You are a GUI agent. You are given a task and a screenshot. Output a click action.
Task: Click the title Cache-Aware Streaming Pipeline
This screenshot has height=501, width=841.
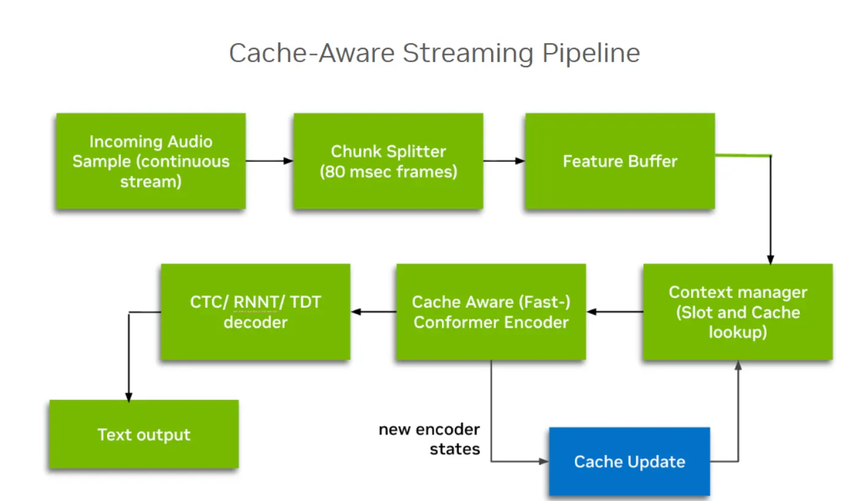tap(434, 53)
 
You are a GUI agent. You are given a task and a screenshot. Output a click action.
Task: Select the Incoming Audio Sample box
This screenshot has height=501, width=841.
tap(151, 161)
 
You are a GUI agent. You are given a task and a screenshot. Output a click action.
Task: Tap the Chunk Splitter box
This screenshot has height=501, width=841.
tap(388, 161)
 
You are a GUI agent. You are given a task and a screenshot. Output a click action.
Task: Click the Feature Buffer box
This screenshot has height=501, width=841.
tap(620, 161)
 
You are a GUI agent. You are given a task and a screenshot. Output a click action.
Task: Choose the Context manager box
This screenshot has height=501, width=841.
tap(738, 312)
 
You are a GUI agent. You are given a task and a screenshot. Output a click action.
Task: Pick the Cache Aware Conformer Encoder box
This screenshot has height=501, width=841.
tap(491, 312)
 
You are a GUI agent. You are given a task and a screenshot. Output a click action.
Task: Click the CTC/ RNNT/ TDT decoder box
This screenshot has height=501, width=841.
tap(255, 312)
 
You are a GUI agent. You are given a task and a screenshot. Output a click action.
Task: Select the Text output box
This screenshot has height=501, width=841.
tap(144, 435)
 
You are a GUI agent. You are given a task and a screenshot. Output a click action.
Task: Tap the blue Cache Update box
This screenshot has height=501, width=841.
tap(629, 462)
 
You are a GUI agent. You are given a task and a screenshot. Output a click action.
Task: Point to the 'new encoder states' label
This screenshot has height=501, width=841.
tap(429, 439)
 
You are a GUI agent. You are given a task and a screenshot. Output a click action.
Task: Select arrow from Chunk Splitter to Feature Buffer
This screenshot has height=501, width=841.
tap(504, 161)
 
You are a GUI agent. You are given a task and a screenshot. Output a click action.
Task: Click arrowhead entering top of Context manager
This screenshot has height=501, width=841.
tap(770, 259)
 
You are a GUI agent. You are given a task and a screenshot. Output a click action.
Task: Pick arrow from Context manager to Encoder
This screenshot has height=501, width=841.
tap(615, 312)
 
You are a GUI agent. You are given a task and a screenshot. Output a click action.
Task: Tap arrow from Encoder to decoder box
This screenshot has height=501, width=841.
tap(374, 312)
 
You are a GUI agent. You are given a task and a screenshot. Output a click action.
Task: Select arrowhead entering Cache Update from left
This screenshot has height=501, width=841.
tap(543, 461)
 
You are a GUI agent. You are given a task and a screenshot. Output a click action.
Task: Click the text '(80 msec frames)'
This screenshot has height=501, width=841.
tap(388, 171)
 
